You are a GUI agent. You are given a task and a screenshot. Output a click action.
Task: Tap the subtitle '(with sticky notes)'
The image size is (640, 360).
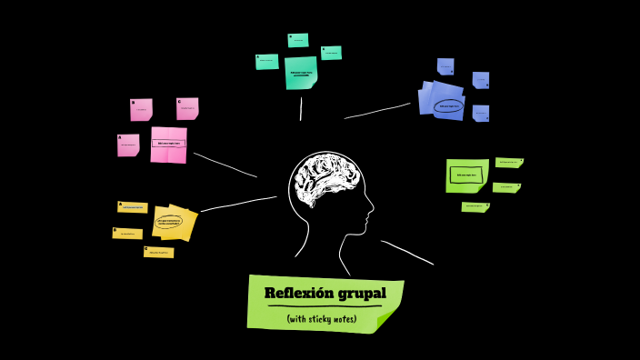click(x=322, y=319)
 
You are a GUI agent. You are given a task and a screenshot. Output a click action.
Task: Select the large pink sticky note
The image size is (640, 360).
click(x=168, y=145)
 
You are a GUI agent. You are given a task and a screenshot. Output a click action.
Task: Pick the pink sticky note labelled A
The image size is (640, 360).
click(x=128, y=145)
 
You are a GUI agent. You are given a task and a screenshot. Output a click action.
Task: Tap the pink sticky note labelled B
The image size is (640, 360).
click(x=141, y=109)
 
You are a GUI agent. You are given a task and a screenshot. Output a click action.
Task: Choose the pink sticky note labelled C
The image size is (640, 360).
click(x=187, y=108)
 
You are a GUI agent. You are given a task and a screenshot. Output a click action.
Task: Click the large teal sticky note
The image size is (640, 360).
click(x=301, y=73)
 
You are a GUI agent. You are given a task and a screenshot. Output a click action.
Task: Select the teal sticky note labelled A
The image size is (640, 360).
click(x=267, y=61)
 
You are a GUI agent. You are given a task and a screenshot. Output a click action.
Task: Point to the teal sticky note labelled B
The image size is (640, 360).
click(x=298, y=40)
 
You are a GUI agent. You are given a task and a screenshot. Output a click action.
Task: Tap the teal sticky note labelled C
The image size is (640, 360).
click(x=332, y=53)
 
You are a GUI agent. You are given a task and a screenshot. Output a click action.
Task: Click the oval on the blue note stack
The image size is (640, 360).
click(x=448, y=106)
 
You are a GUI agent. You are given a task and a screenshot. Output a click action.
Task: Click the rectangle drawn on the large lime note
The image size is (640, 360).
click(x=466, y=175)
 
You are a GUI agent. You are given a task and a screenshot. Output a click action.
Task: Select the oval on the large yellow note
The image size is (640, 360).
click(x=170, y=221)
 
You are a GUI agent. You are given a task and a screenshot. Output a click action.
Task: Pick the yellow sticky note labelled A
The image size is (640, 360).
click(x=133, y=207)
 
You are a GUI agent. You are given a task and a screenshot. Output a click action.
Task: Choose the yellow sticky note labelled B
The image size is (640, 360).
click(x=127, y=234)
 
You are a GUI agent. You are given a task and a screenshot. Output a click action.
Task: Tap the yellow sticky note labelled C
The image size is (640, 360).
click(x=159, y=252)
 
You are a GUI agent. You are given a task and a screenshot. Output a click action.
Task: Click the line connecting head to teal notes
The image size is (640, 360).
click(x=301, y=108)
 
